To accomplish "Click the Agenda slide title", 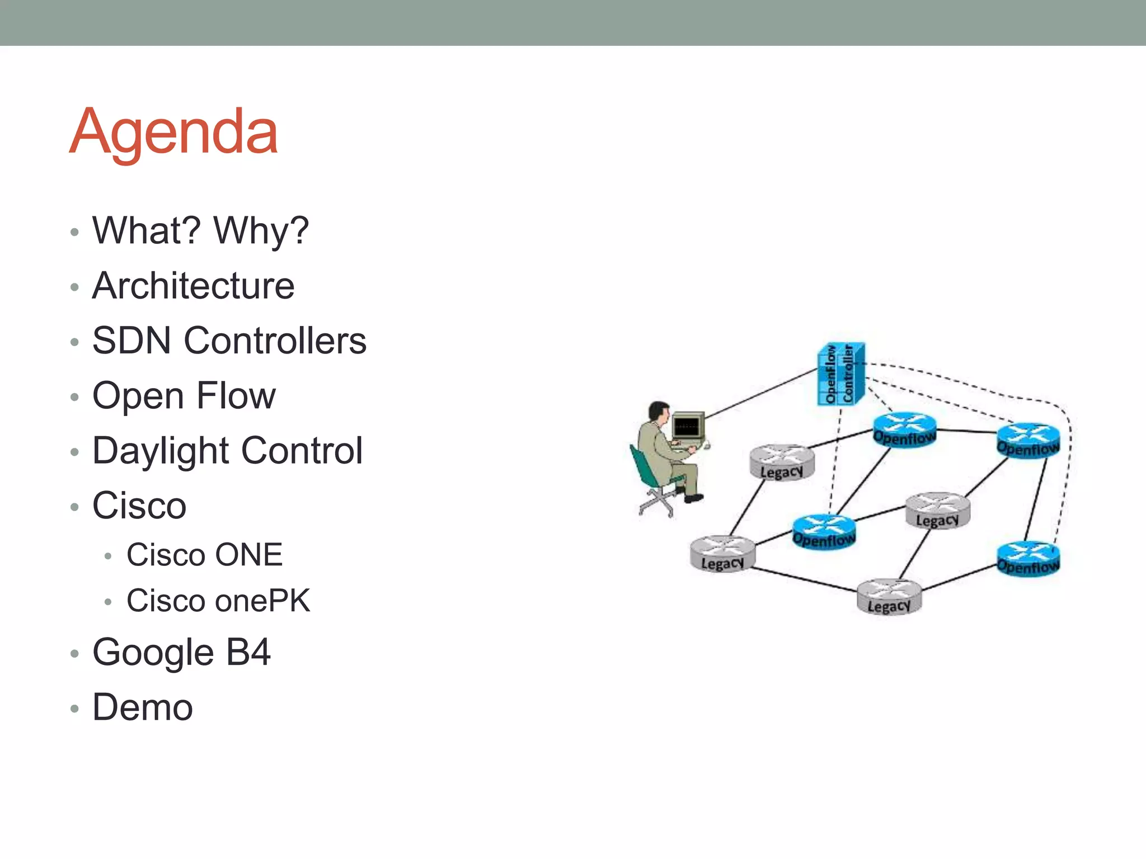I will [x=173, y=132].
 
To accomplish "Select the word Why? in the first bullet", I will [x=261, y=230].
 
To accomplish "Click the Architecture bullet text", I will [x=193, y=286].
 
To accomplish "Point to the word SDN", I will [x=131, y=341].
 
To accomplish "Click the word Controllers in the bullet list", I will [x=275, y=341].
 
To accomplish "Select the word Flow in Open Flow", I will [x=236, y=395].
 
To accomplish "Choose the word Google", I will [x=153, y=652].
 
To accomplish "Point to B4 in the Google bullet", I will [x=248, y=652].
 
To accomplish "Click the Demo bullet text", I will [x=143, y=707].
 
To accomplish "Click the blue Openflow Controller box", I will [x=840, y=374].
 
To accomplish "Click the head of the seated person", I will [x=659, y=412].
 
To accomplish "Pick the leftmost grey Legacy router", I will [x=722, y=553].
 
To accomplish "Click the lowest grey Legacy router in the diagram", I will [x=889, y=597].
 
